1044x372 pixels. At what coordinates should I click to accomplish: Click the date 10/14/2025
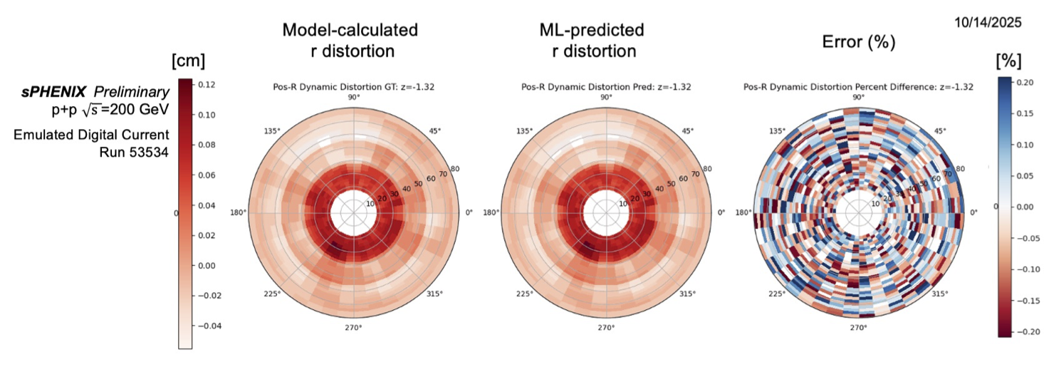pyautogui.click(x=988, y=23)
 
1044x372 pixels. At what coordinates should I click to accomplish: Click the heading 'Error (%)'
pyautogui.click(x=858, y=42)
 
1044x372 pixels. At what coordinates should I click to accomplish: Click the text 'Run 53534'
pyautogui.click(x=134, y=151)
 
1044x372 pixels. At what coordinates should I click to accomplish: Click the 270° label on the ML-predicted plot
pyautogui.click(x=606, y=327)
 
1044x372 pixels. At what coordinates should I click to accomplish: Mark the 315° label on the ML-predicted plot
pyautogui.click(x=687, y=294)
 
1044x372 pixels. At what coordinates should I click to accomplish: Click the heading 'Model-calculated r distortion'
pyautogui.click(x=350, y=40)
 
